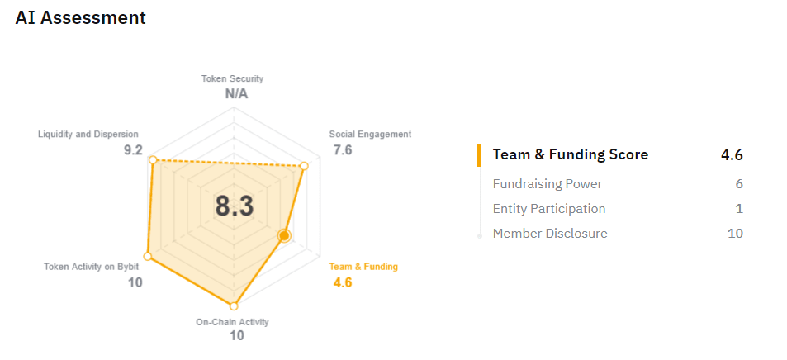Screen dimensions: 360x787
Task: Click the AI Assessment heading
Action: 80,17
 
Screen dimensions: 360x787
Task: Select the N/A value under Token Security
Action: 236,93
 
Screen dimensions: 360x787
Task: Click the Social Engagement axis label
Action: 370,134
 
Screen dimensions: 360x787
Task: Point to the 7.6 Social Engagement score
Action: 343,149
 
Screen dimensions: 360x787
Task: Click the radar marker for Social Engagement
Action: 304,167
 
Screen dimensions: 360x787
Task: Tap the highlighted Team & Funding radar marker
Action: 284,236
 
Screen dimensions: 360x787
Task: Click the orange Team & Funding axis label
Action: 363,267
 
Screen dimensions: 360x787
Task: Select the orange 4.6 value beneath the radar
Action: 343,282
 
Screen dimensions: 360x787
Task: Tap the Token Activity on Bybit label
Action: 91,267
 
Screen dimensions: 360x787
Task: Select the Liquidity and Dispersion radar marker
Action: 153,159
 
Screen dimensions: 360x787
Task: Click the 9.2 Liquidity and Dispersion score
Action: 133,149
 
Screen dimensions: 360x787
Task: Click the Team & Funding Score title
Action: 570,154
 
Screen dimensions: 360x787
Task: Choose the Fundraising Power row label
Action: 547,184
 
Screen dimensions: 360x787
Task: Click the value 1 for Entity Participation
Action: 739,209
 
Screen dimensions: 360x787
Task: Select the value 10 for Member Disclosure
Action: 734,234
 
